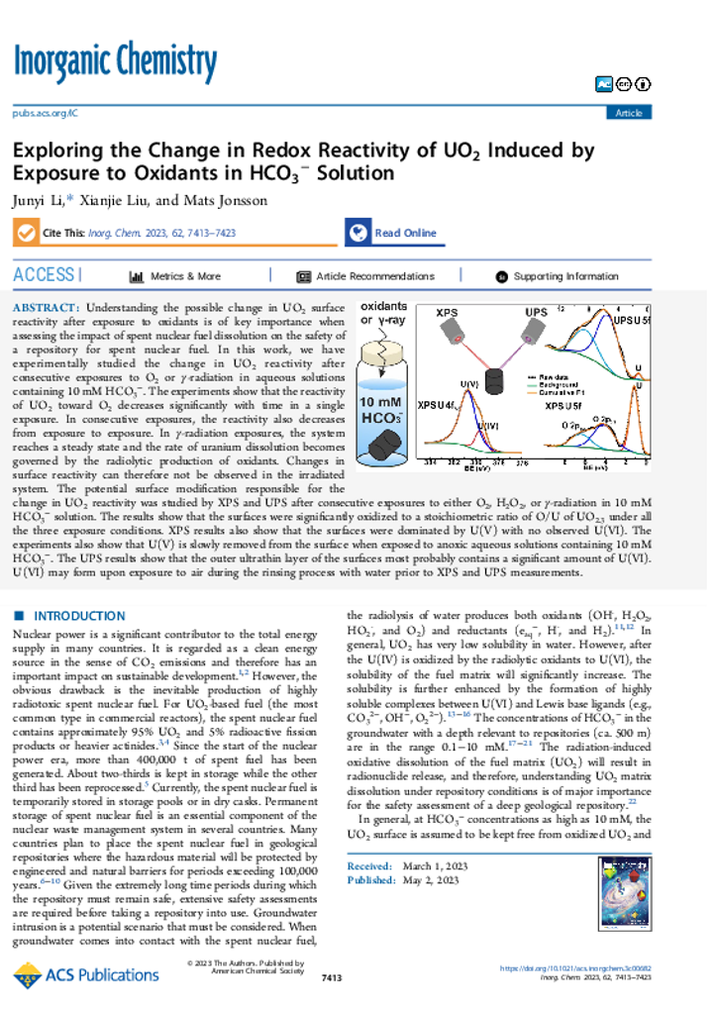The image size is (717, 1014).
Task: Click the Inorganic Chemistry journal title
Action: click(x=115, y=63)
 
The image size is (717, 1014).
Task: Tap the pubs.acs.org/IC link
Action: click(x=45, y=113)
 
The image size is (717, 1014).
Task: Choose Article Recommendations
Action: click(x=365, y=276)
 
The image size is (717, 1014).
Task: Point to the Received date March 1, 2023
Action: click(x=422, y=866)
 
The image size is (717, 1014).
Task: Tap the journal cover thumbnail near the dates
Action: click(x=624, y=895)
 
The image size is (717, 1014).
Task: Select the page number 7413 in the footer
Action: click(x=333, y=978)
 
